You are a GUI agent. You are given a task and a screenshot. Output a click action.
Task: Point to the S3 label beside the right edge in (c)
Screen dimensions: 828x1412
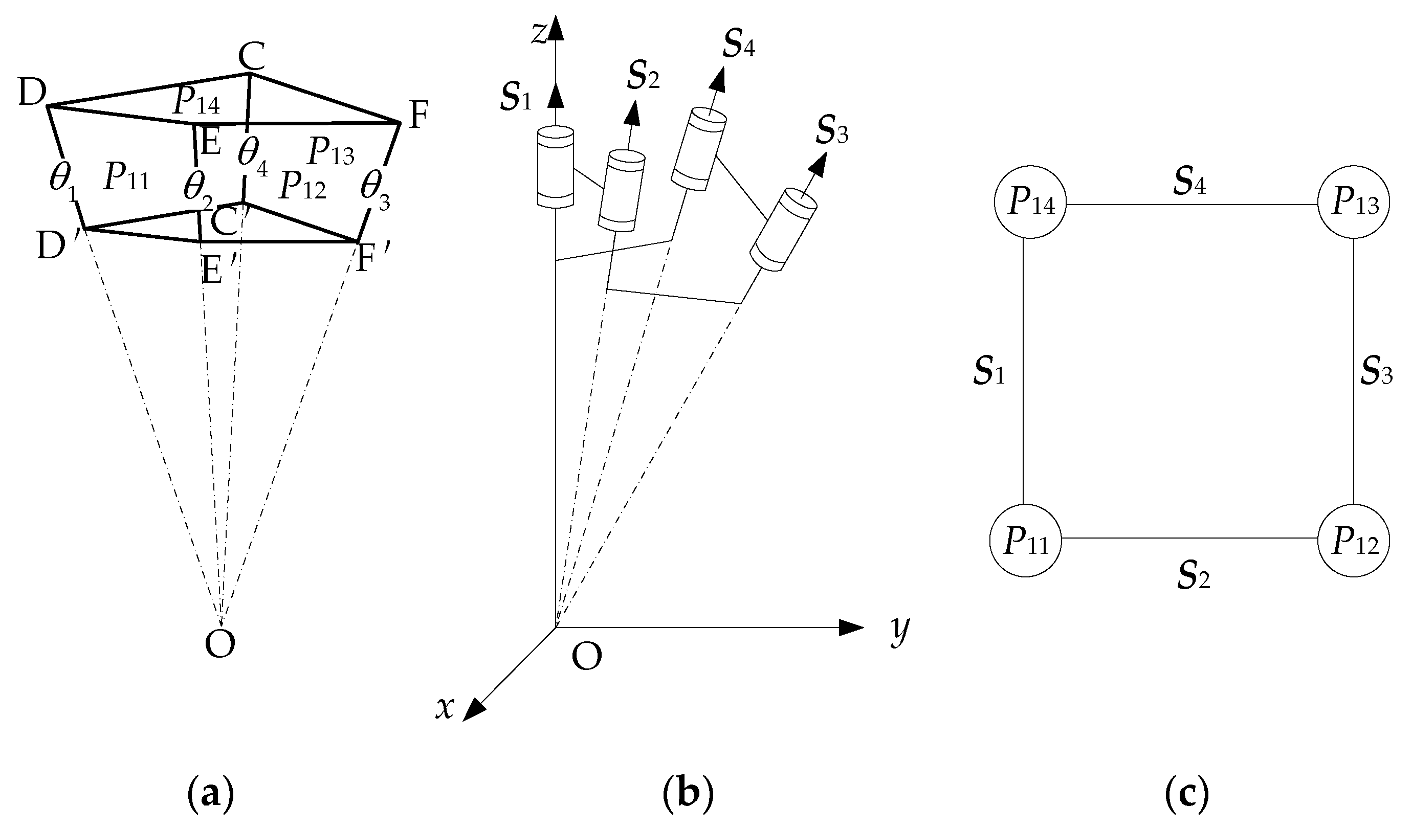pos(1376,372)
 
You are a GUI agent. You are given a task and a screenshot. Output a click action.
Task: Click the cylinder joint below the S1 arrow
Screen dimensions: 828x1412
pos(555,168)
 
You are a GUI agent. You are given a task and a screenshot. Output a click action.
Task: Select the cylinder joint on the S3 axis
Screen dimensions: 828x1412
pos(783,230)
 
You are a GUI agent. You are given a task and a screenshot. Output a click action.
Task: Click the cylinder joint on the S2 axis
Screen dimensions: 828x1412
pos(622,190)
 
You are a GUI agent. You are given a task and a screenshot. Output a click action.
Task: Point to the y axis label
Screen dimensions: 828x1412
pos(899,632)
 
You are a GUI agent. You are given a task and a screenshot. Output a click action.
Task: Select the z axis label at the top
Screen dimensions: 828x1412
pos(539,33)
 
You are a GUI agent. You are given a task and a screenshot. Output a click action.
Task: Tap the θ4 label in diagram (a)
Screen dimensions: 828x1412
pos(252,154)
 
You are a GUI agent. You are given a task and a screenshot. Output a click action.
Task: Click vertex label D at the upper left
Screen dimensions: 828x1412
pos(31,94)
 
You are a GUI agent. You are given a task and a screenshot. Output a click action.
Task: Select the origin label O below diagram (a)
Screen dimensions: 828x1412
pos(219,644)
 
